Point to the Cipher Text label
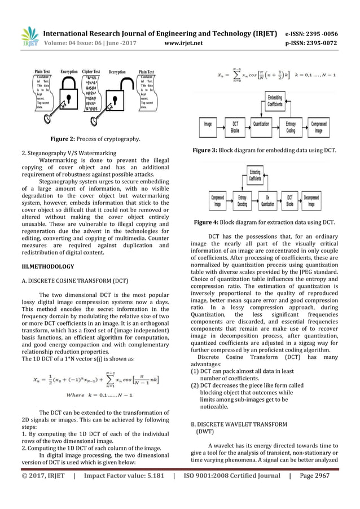[x=91, y=72]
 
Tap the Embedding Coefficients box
[x=275, y=103]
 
